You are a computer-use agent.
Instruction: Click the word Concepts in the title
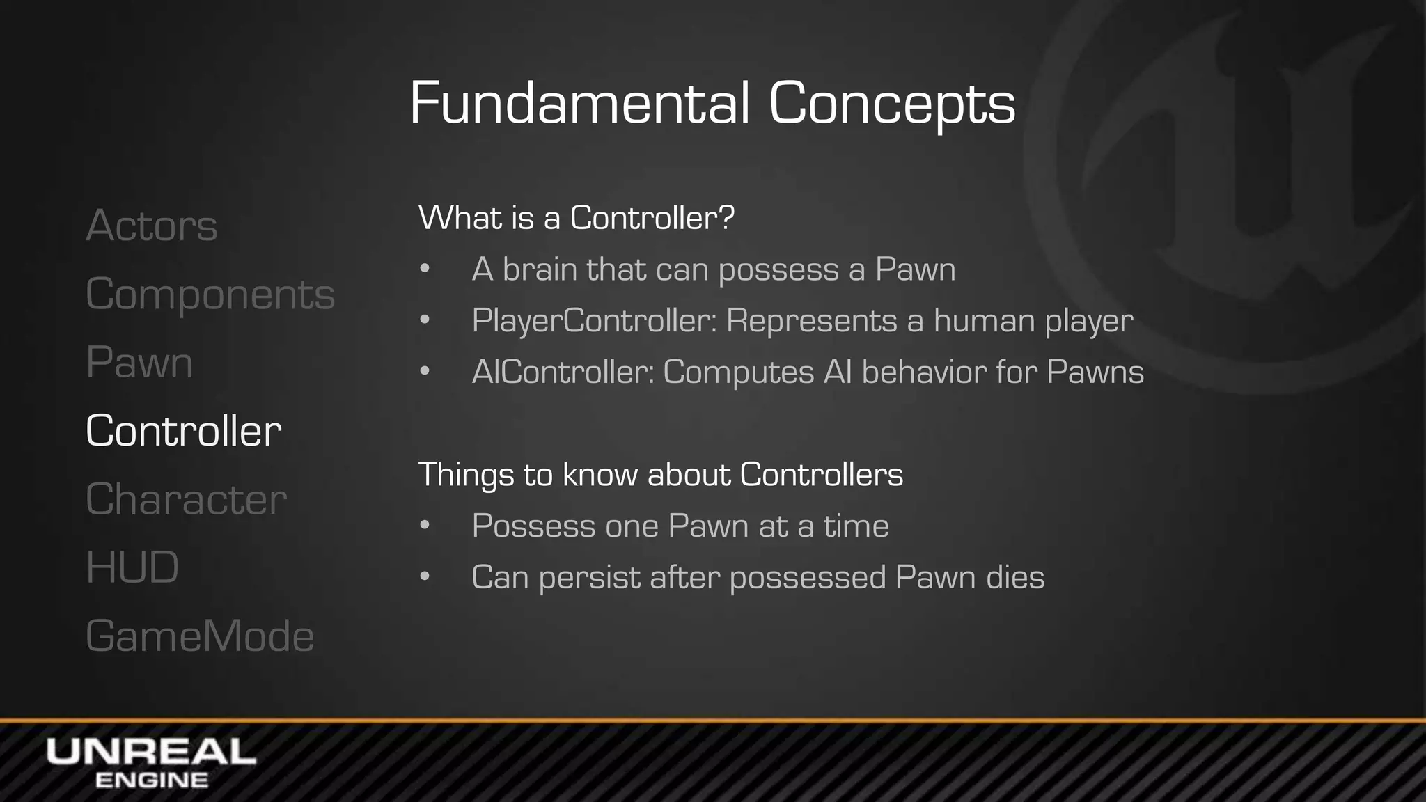(892, 104)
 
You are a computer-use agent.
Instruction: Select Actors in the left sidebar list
(152, 226)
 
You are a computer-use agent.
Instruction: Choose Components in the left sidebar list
(210, 294)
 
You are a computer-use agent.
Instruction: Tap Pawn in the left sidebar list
(139, 363)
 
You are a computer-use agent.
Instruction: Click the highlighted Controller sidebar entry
(184, 431)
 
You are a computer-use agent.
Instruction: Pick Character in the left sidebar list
(186, 499)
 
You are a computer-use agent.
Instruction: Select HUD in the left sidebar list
(132, 567)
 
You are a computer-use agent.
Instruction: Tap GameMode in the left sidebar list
(200, 636)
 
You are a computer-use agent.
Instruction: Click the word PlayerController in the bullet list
(594, 321)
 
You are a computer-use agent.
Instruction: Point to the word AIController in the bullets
(563, 372)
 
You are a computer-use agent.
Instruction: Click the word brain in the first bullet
(539, 269)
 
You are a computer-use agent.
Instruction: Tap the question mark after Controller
(726, 218)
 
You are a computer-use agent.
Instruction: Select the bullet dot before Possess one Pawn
(425, 526)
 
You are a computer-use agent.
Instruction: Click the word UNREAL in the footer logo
(151, 753)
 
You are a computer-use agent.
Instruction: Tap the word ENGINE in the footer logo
(151, 780)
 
